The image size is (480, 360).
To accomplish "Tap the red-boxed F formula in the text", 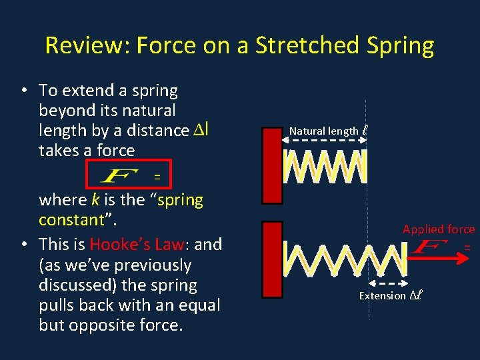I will tap(127, 175).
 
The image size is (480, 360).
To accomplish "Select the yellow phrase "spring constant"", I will tap(121, 209).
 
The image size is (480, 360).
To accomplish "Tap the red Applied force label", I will tap(438, 229).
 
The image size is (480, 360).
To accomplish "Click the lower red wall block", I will tap(273, 259).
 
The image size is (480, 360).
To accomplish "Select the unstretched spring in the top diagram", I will tap(325, 166).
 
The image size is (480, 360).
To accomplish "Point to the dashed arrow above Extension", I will tap(387, 283).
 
